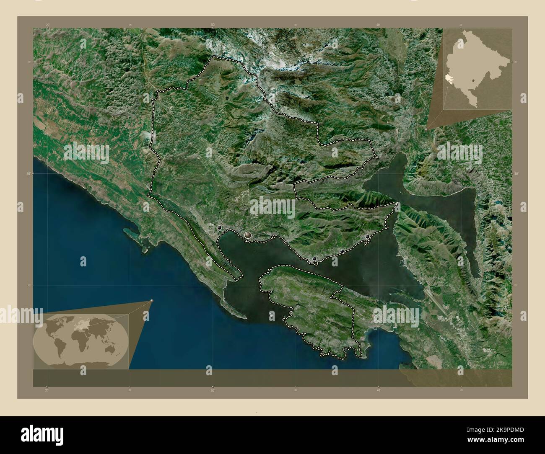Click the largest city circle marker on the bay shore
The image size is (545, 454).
(x=248, y=236)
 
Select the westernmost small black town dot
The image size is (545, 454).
(x=219, y=228)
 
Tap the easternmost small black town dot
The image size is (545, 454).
(x=368, y=237)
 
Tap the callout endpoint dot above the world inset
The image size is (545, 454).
(x=152, y=301)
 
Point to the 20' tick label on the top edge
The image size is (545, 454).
(x=48, y=25)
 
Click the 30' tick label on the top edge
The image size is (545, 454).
(x=213, y=25)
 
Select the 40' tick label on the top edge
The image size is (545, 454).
(x=378, y=25)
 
